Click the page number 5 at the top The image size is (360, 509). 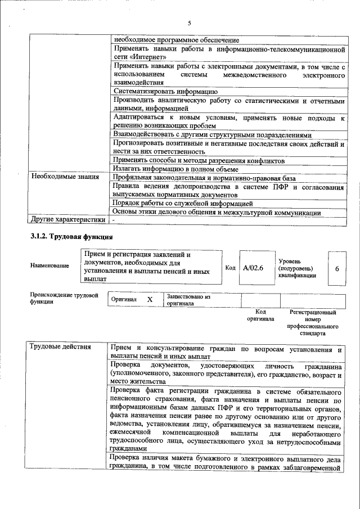189,23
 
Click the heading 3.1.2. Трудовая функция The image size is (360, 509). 68,236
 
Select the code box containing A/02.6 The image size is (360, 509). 253,268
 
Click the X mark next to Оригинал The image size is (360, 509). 150,300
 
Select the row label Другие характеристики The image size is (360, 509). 67,219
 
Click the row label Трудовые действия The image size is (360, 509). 60,346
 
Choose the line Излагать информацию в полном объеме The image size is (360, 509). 175,168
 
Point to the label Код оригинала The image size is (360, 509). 260,316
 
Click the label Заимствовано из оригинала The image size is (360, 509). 188,300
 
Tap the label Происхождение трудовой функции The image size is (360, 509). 64,298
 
